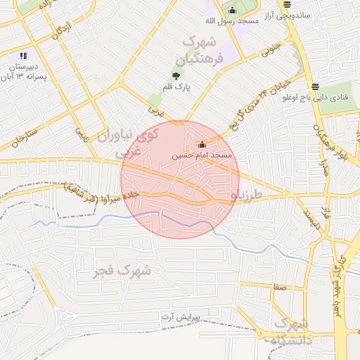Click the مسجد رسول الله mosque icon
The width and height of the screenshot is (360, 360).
pos(233,10)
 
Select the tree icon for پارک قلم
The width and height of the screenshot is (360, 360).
pos(175,77)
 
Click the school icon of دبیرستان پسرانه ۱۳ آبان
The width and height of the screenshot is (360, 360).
pos(24,56)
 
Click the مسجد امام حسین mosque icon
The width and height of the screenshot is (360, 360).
pos(201,144)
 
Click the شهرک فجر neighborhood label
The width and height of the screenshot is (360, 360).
pos(122,269)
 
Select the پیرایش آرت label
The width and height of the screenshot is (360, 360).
pos(179,318)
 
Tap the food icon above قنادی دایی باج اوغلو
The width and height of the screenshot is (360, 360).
pos(316,86)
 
